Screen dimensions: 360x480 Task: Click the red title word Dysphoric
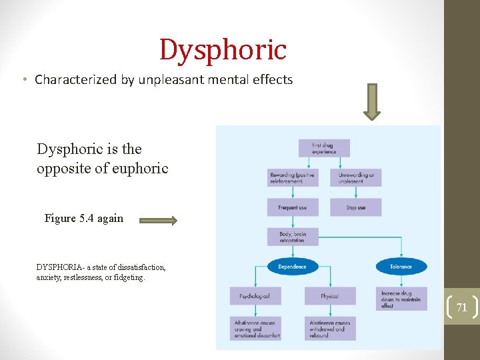click(223, 50)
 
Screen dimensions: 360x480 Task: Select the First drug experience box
click(324, 148)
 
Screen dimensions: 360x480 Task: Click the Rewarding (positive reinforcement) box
click(292, 177)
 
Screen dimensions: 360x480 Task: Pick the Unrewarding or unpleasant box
click(356, 177)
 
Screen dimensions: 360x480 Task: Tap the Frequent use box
click(292, 207)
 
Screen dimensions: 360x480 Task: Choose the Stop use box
click(356, 207)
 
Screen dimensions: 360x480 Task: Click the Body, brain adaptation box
click(292, 237)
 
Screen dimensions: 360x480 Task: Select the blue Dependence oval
click(292, 267)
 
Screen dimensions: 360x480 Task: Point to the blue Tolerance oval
click(401, 267)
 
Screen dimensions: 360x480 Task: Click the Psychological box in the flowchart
click(255, 296)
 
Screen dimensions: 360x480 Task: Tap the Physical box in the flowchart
click(329, 296)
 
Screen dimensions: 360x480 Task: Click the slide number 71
click(461, 307)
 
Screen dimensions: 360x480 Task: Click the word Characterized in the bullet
click(76, 80)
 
